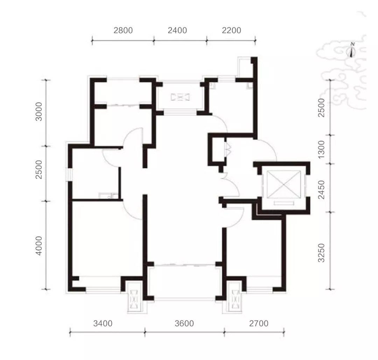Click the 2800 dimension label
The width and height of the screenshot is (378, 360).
click(x=123, y=30)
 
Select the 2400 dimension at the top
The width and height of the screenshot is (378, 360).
click(x=177, y=30)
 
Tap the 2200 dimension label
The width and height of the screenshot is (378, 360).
click(x=231, y=30)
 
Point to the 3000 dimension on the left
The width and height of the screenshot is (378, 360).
click(x=38, y=111)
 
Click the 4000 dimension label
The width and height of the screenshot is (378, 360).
click(x=38, y=246)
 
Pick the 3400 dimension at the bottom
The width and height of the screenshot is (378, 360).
click(x=103, y=323)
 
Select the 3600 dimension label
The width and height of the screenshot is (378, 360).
click(x=184, y=323)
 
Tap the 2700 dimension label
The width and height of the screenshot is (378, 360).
click(x=259, y=323)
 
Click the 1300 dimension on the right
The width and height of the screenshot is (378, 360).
click(x=322, y=149)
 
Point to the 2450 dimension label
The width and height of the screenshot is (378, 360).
click(x=322, y=190)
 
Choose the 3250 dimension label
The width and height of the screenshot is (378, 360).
click(x=322, y=253)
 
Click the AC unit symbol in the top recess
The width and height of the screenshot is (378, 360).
click(x=180, y=97)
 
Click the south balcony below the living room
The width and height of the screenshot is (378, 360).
click(x=185, y=282)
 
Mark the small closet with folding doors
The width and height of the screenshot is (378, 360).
click(x=219, y=149)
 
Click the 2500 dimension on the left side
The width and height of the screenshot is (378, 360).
click(x=38, y=169)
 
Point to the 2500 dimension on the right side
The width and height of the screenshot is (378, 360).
click(x=322, y=107)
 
